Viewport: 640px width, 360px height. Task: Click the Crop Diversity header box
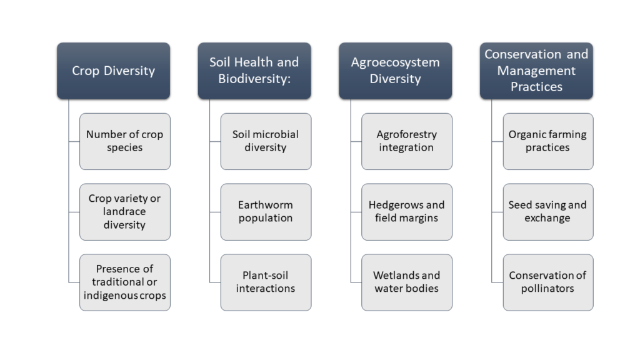(x=114, y=71)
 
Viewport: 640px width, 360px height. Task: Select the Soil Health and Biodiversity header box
(x=254, y=71)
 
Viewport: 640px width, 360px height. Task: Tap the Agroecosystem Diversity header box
(x=396, y=71)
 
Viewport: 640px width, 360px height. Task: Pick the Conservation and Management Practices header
(x=536, y=71)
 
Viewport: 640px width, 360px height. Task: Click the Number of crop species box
(x=125, y=141)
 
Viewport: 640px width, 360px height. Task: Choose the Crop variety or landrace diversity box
(x=125, y=212)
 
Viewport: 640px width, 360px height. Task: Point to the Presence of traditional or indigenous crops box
(x=125, y=282)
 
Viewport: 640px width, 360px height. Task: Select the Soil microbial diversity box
(x=266, y=141)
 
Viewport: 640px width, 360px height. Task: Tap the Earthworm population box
(x=266, y=212)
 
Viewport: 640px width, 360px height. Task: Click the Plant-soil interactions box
(x=266, y=282)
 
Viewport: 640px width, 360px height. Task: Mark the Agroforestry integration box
(x=407, y=141)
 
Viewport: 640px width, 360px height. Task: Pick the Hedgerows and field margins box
(x=407, y=212)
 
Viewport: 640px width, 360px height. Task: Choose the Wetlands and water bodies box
(x=407, y=282)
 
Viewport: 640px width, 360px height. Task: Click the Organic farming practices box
(x=548, y=141)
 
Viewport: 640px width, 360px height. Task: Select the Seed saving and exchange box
(x=548, y=212)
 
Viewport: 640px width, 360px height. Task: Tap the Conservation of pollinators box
(x=548, y=282)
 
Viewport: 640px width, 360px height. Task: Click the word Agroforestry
(x=406, y=135)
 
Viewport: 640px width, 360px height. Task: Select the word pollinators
(x=547, y=289)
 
